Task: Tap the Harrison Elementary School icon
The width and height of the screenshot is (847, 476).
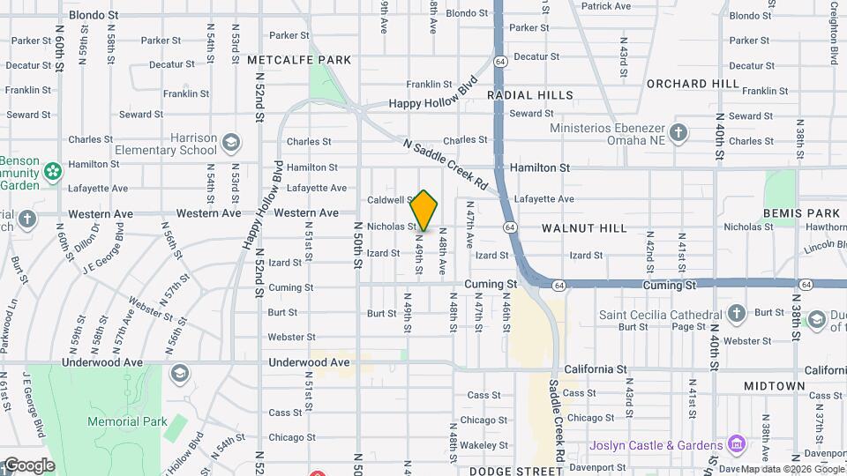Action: (x=231, y=141)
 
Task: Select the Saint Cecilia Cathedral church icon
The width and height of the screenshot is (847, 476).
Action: (x=736, y=315)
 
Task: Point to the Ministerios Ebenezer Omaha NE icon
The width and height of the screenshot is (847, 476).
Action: (x=678, y=132)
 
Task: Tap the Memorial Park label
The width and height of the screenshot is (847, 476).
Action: (x=127, y=421)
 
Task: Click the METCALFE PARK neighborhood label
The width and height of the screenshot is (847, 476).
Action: (x=299, y=60)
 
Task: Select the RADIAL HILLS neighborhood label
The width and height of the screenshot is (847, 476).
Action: (x=529, y=94)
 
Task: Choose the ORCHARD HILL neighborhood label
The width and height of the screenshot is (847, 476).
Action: (x=693, y=84)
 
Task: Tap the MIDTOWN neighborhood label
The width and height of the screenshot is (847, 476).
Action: (x=774, y=386)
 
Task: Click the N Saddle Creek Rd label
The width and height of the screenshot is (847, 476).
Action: (x=446, y=165)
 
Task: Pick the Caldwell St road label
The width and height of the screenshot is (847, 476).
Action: (x=391, y=200)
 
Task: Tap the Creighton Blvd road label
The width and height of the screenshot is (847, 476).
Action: (x=834, y=33)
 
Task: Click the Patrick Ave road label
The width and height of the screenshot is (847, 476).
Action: (x=605, y=6)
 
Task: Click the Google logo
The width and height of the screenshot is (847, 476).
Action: (x=28, y=465)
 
